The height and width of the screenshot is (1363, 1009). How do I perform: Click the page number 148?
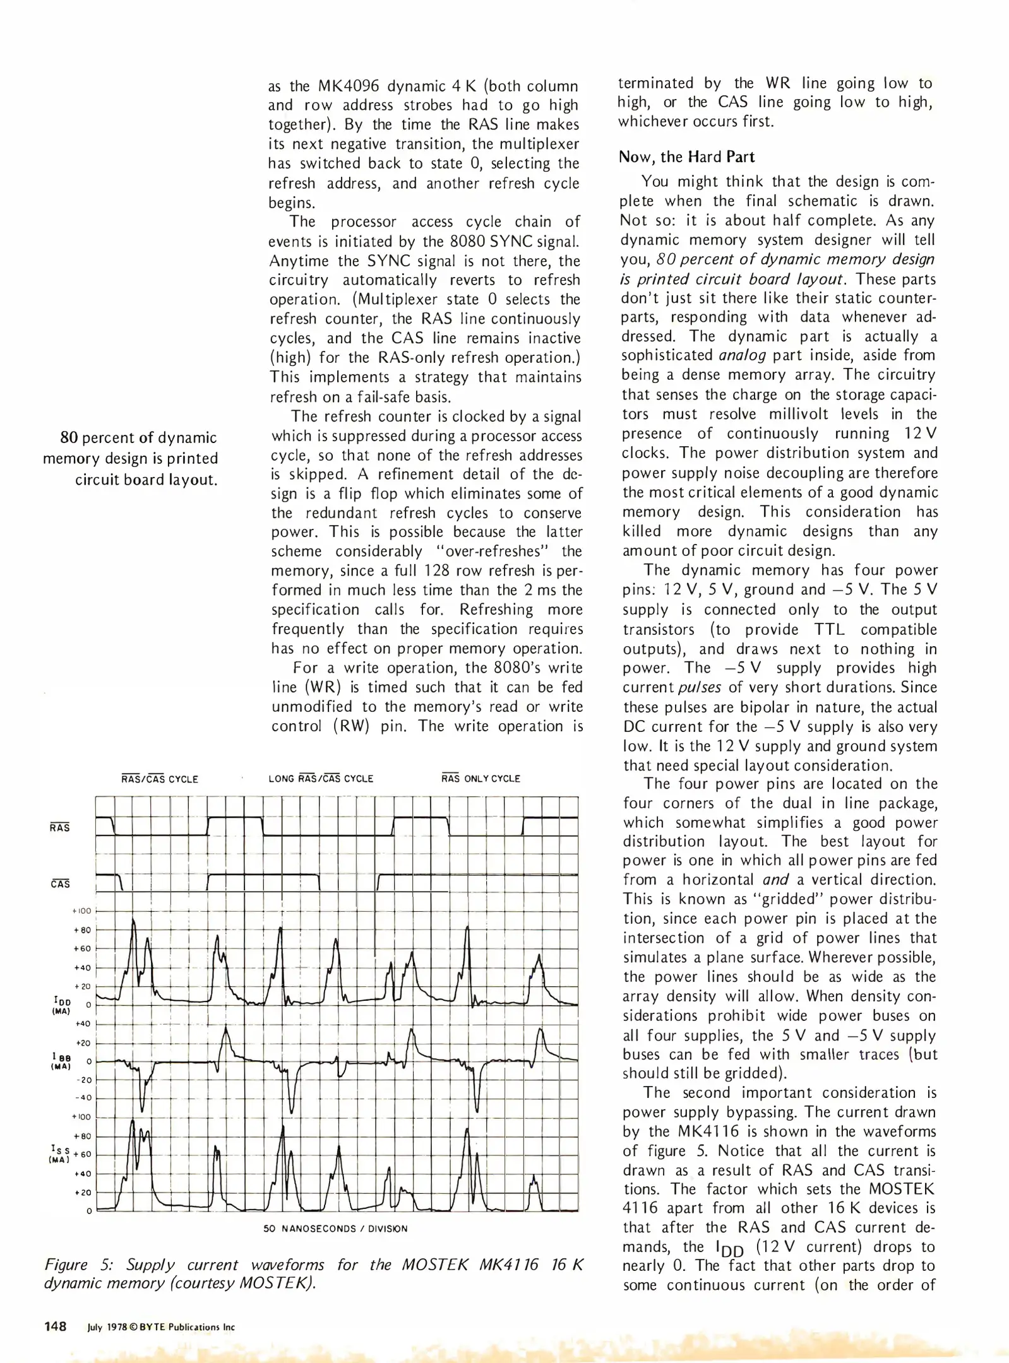[x=56, y=1326]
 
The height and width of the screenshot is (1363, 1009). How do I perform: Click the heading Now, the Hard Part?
[x=686, y=157]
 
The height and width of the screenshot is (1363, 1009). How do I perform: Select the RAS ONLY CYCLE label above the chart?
[x=481, y=779]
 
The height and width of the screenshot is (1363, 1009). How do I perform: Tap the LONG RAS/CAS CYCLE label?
[x=321, y=779]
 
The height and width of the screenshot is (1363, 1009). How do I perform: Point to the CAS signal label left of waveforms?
[x=60, y=884]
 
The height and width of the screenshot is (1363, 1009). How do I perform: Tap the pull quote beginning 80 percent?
[x=130, y=458]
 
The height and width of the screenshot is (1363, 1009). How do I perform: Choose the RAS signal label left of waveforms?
[x=60, y=828]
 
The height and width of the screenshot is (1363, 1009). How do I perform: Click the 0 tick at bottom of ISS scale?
[x=89, y=1211]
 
